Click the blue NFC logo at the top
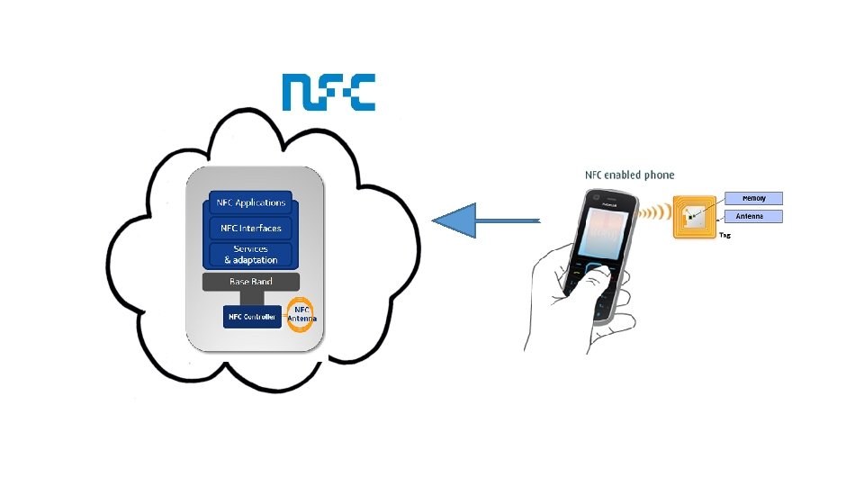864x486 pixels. (328, 92)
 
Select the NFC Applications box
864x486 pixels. (251, 202)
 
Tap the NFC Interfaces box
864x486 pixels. (251, 228)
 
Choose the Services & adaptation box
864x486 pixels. (251, 254)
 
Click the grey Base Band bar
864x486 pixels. (251, 283)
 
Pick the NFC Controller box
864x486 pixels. (252, 317)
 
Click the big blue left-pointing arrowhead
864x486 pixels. (454, 220)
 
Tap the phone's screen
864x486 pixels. (599, 229)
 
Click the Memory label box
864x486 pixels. (753, 198)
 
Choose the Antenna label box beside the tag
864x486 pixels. (753, 216)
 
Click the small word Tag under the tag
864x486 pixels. (724, 235)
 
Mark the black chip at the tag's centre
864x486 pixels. (691, 217)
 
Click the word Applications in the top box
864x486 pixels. (266, 202)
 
